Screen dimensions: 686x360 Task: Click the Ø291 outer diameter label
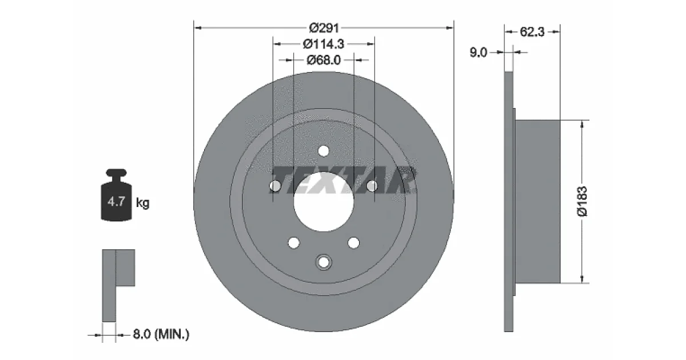pos(324,28)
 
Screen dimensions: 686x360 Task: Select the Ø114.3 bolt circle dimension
pos(324,44)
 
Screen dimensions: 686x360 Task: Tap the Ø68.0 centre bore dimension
pos(324,60)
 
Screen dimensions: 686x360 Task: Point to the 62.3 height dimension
pos(532,32)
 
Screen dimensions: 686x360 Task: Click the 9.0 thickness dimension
pos(478,53)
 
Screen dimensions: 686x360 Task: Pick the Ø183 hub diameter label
pos(582,201)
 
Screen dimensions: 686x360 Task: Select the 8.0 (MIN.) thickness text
pos(161,334)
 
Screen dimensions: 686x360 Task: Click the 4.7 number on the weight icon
pos(116,201)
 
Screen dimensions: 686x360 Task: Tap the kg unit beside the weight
pos(142,203)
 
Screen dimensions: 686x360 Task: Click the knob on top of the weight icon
pos(116,173)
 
